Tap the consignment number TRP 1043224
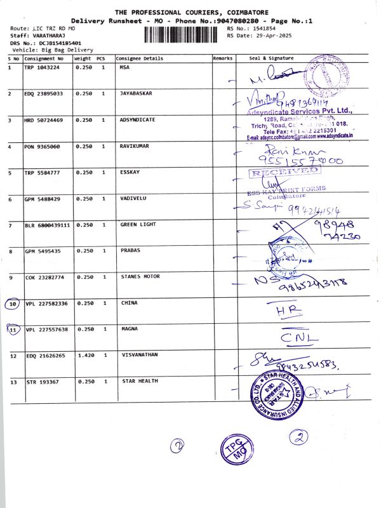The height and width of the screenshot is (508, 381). (x=42, y=67)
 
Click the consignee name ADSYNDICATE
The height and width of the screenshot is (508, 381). (x=138, y=119)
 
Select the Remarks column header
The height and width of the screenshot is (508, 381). (x=223, y=58)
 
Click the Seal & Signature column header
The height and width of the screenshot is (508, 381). (x=271, y=58)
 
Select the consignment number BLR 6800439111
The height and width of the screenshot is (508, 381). (x=47, y=225)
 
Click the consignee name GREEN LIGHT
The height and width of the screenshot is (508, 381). (x=138, y=225)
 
